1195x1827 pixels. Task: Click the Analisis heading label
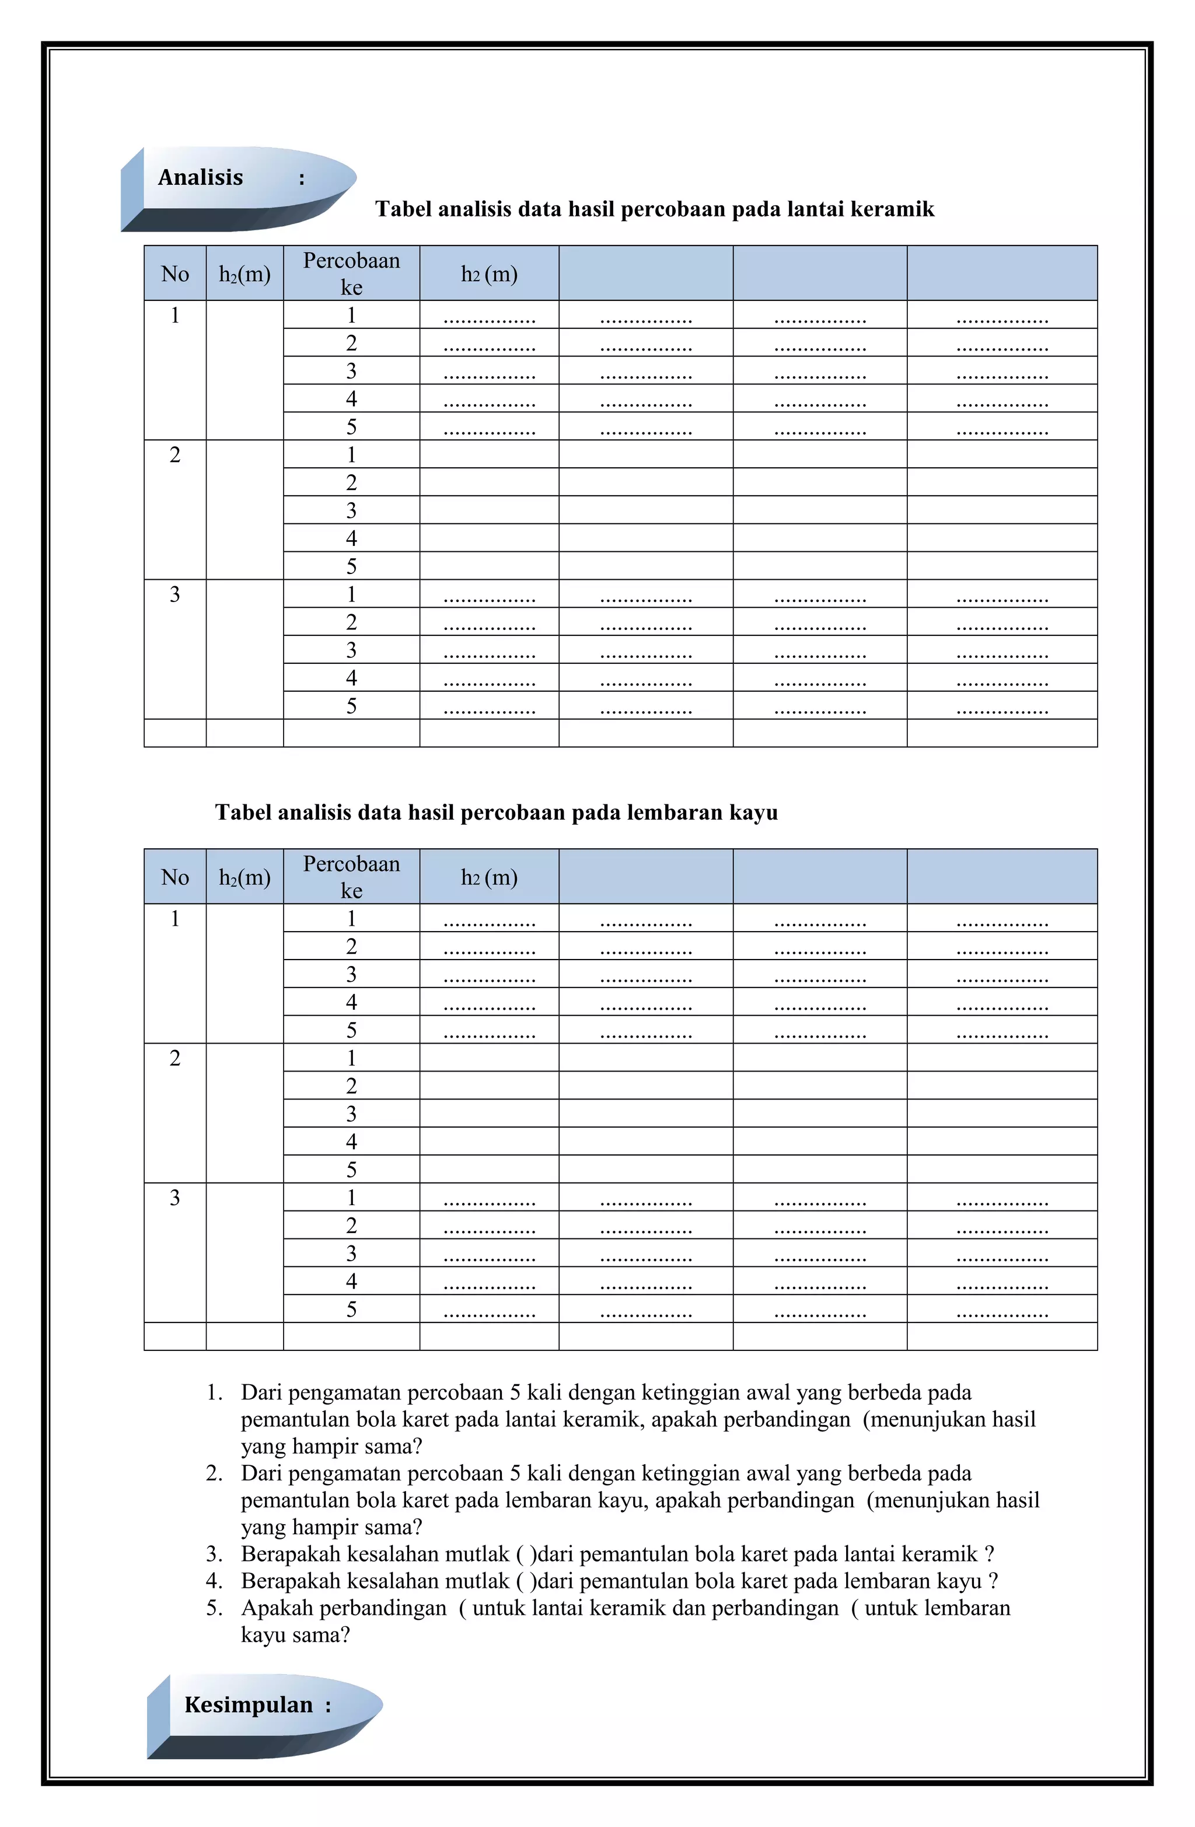(201, 177)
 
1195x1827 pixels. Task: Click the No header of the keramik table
(175, 274)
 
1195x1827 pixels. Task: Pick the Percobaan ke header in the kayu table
(351, 877)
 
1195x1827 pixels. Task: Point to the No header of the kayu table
(175, 877)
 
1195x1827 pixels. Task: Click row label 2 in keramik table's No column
(175, 454)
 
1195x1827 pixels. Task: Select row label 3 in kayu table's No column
(175, 1198)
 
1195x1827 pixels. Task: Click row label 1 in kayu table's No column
(175, 918)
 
